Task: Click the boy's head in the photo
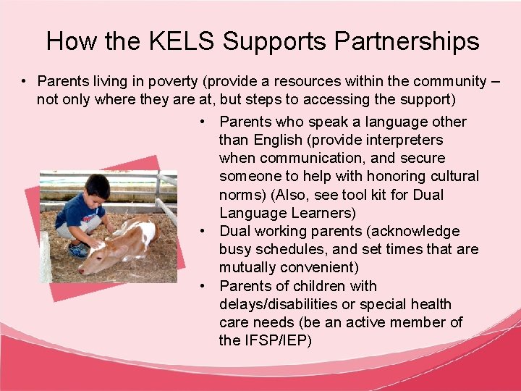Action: click(96, 188)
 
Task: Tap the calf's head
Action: click(97, 261)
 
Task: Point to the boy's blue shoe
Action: click(78, 250)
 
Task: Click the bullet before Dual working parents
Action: click(206, 231)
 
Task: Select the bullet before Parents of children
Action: click(206, 286)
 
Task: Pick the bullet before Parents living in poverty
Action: click(24, 81)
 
